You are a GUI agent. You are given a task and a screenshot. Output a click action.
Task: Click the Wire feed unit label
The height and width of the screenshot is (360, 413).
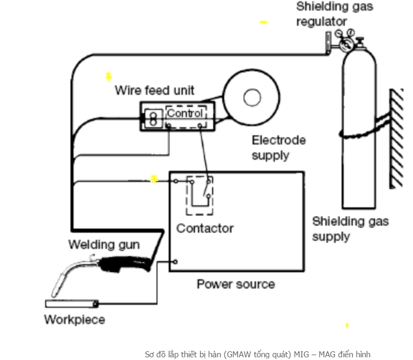154,90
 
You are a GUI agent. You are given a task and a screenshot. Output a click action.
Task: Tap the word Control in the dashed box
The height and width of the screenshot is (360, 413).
185,113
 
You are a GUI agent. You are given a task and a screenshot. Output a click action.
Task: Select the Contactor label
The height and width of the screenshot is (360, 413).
205,228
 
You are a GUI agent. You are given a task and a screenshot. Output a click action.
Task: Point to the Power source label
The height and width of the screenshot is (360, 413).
236,284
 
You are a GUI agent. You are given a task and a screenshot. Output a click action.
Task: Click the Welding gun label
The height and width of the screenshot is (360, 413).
104,244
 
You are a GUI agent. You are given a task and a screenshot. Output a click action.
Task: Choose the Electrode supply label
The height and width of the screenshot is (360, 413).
279,147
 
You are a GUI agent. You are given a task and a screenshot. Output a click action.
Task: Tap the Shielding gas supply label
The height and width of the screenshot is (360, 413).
350,229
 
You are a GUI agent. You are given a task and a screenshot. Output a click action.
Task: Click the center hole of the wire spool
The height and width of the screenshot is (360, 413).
252,98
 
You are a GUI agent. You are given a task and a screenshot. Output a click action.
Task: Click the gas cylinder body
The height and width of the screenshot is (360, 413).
357,162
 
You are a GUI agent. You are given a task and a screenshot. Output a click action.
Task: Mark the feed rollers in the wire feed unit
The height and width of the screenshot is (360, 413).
153,118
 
